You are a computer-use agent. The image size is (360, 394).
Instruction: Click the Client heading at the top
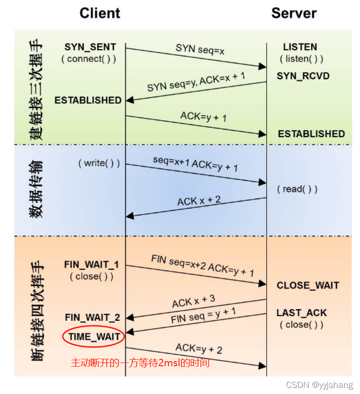(x=99, y=13)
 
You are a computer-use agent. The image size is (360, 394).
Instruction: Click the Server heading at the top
(x=294, y=13)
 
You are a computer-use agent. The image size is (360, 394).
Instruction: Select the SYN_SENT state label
(x=90, y=47)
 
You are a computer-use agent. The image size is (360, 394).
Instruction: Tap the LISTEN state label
(x=300, y=47)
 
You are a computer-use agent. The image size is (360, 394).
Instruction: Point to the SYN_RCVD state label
(x=303, y=75)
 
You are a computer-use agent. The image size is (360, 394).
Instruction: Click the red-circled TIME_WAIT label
(x=94, y=337)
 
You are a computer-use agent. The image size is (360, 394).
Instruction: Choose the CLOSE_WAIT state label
(x=308, y=286)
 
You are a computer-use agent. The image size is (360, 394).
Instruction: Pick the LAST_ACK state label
(x=302, y=313)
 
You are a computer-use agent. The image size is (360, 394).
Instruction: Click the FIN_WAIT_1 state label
(x=92, y=265)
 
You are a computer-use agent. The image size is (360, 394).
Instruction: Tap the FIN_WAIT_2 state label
(x=93, y=318)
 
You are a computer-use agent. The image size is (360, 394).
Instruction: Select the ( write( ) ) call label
(x=99, y=163)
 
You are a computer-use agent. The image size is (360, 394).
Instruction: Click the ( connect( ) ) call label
(x=88, y=59)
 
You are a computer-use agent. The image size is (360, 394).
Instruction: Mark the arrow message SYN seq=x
(x=200, y=49)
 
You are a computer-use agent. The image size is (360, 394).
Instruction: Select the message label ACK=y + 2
(x=199, y=348)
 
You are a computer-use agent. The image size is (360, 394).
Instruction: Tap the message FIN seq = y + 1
(x=204, y=316)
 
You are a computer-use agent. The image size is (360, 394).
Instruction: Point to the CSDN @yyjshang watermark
(x=319, y=385)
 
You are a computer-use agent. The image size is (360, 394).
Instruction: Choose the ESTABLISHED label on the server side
(x=311, y=134)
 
